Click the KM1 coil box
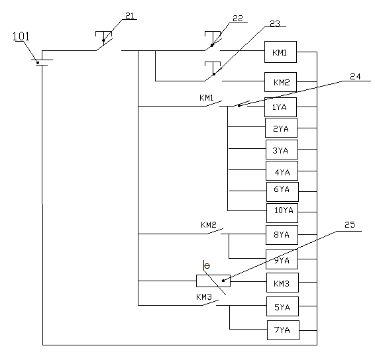coord(280,52)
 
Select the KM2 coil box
coord(280,82)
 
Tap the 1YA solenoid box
coord(280,107)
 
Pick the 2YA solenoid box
coord(281,128)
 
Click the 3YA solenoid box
coord(282,150)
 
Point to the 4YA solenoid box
coord(282,171)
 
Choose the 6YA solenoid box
coord(283,192)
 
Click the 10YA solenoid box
coord(282,213)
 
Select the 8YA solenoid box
coord(282,235)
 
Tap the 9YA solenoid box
coord(282,259)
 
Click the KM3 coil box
coord(283,283)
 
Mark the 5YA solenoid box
coord(283,306)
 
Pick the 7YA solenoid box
coord(283,330)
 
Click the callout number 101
coord(21,36)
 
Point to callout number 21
coord(130,16)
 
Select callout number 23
coord(275,23)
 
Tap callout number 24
coord(355,77)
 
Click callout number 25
coord(350,224)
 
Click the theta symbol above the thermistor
coord(207,266)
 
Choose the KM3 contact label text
coord(204,297)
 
